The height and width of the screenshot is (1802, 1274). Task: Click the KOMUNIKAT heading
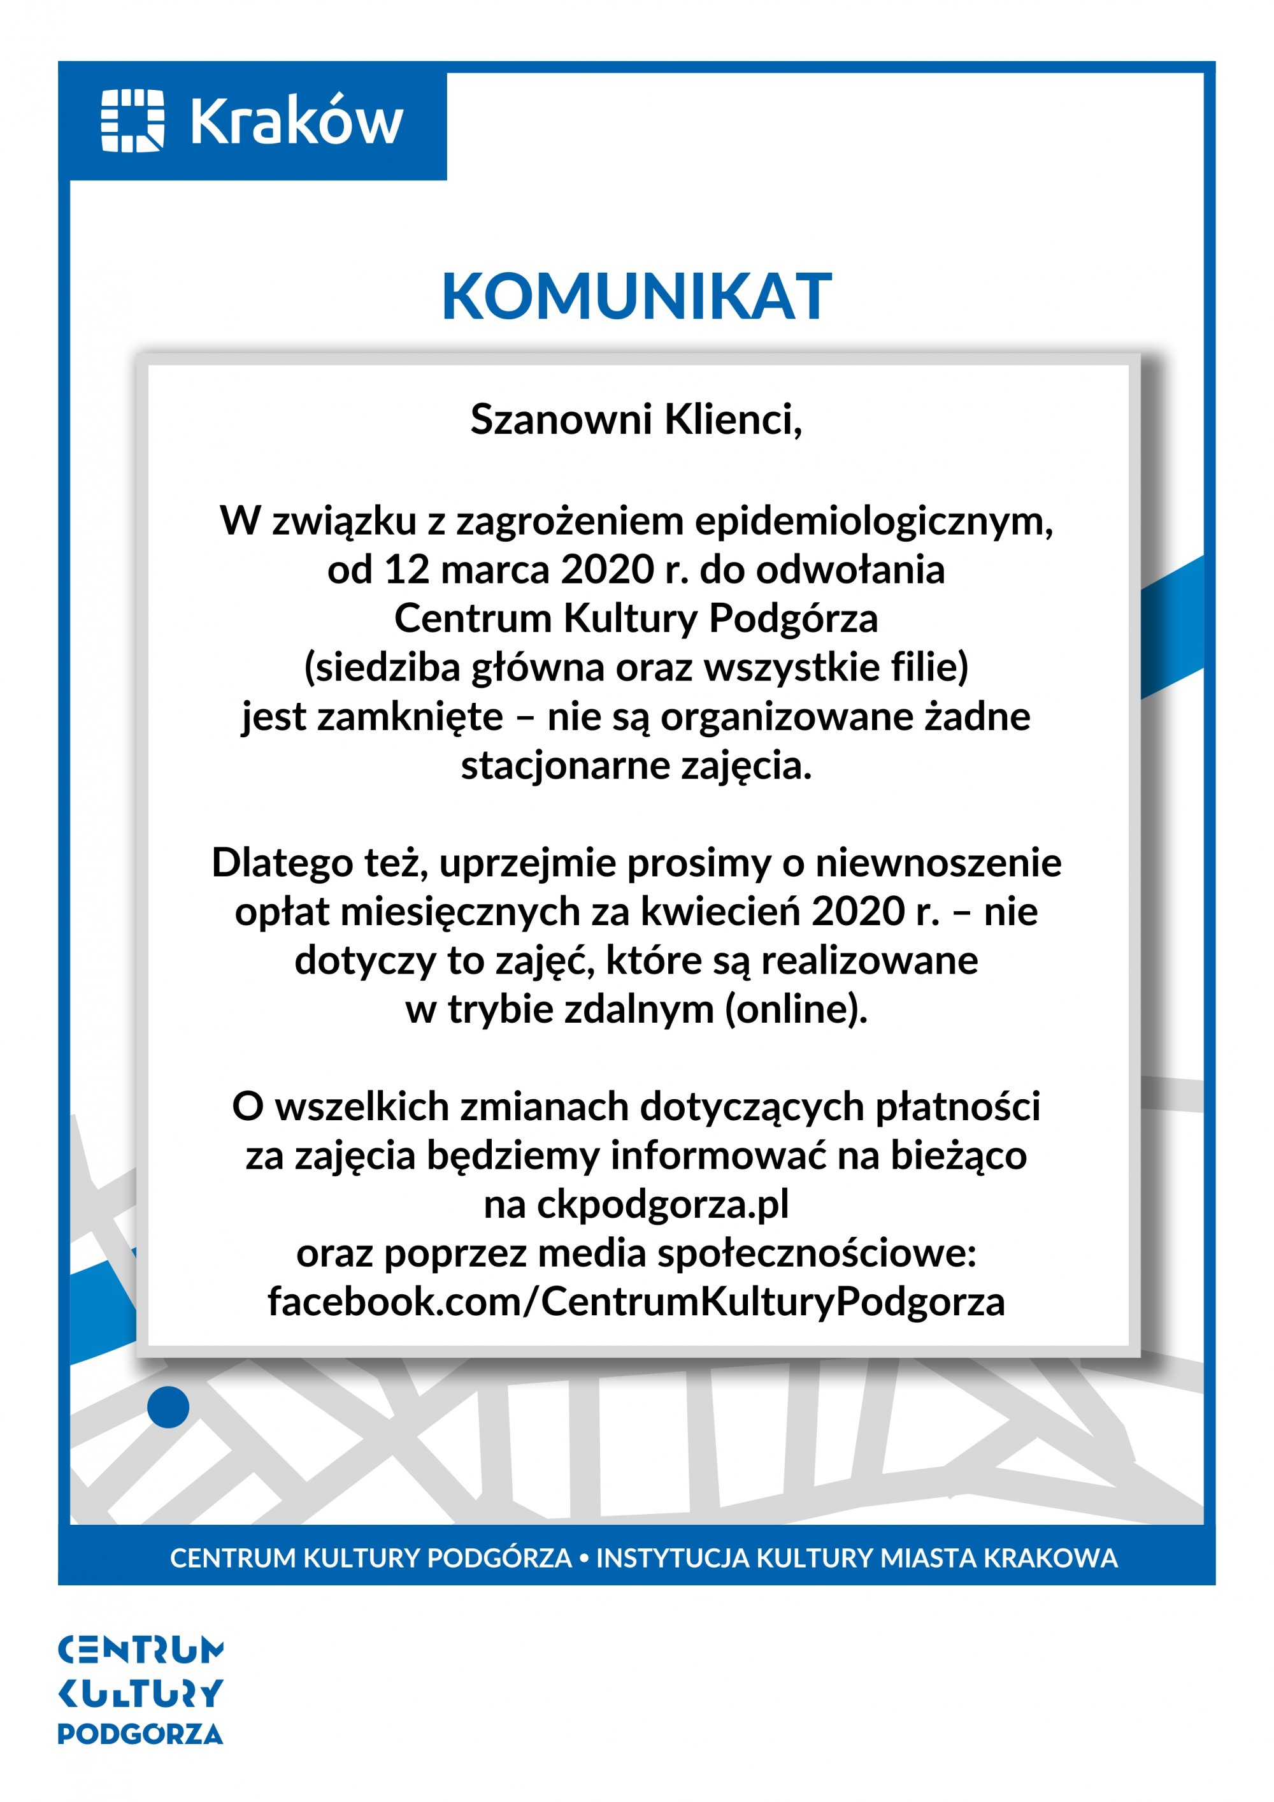(x=636, y=297)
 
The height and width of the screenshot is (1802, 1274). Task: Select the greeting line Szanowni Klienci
(x=636, y=419)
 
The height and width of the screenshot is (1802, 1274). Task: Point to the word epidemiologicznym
(x=873, y=522)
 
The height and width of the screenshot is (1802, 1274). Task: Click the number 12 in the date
(x=406, y=570)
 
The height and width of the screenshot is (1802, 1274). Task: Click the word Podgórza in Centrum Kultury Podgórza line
(x=793, y=619)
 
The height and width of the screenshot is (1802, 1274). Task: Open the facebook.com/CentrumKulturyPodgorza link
(x=636, y=1302)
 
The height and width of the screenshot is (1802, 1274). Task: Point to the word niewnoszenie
(x=938, y=863)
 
